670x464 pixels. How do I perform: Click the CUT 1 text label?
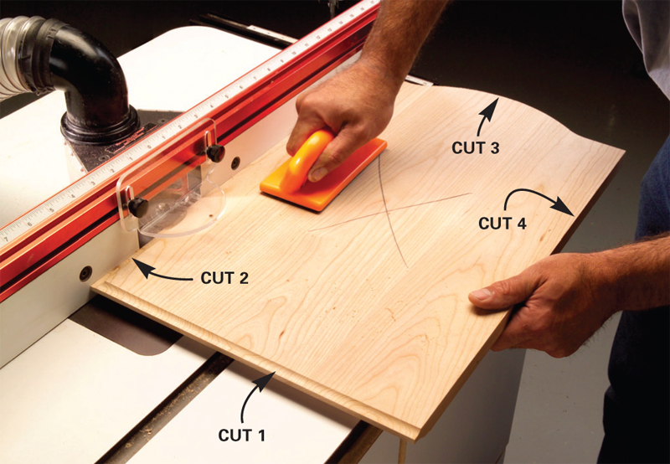(242, 435)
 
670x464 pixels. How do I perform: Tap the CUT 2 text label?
(224, 278)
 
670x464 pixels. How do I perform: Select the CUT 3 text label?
(476, 148)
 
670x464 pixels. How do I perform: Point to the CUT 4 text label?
(502, 223)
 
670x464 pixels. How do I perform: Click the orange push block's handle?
(304, 159)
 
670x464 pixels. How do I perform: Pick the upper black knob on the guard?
(215, 152)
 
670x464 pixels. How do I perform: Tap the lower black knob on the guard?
(138, 207)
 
